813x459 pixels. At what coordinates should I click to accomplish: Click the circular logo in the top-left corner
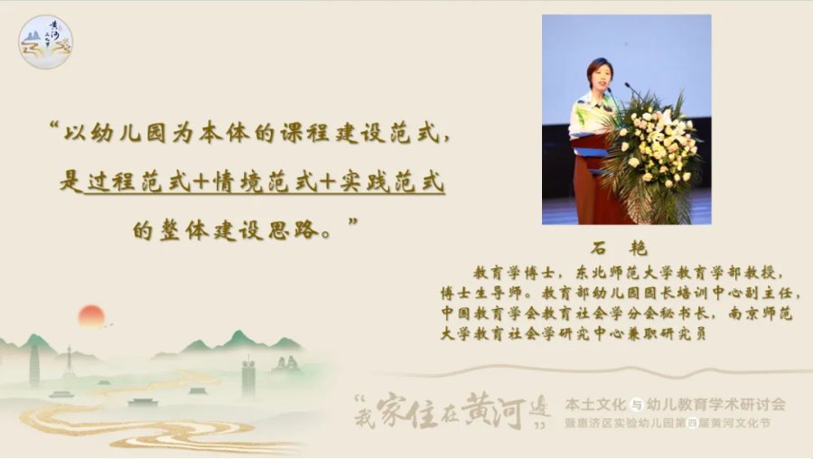pyautogui.click(x=46, y=42)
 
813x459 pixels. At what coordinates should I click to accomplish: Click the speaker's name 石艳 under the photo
pyautogui.click(x=619, y=248)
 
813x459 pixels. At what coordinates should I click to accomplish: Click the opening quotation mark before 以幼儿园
pyautogui.click(x=53, y=126)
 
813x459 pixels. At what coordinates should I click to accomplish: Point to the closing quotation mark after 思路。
pyautogui.click(x=352, y=221)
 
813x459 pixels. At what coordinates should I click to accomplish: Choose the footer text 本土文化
pyautogui.click(x=596, y=404)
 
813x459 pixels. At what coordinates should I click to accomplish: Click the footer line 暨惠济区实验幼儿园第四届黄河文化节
pyautogui.click(x=668, y=423)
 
